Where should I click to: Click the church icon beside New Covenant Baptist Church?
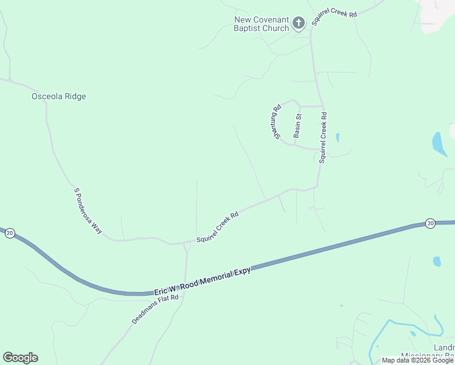point(298,24)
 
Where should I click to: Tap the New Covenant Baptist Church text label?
point(262,24)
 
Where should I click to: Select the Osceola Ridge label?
point(58,96)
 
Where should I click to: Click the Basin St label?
point(297,126)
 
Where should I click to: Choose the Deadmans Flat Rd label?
point(155,309)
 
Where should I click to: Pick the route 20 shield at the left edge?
point(10,233)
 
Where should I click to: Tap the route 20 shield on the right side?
point(430,223)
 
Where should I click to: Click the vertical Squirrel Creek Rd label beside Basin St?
point(323,137)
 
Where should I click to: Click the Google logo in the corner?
point(20,358)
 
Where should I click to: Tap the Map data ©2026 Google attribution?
point(417,360)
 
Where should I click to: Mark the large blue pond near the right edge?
point(439,144)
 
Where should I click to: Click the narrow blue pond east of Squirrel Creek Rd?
point(337,137)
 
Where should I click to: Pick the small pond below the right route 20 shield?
point(436,261)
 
